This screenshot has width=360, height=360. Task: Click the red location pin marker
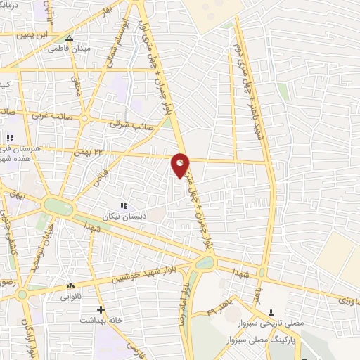coord(181,165)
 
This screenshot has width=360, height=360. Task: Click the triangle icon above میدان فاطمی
coord(68,39)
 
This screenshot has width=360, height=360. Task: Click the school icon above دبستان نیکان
coord(123,205)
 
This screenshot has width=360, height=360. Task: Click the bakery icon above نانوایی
coord(70,286)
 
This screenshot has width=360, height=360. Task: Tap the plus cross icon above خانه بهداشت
coord(101,309)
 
